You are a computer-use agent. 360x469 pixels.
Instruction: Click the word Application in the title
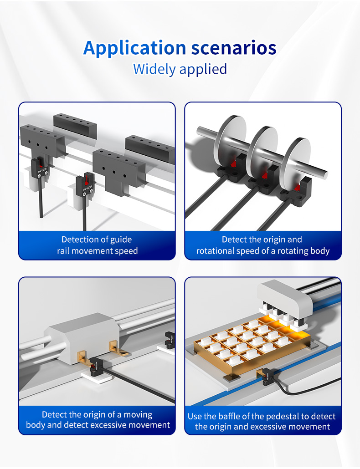coord(135,48)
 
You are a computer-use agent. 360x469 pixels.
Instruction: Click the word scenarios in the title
coord(234,48)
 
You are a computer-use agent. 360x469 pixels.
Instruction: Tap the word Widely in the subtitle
coord(154,69)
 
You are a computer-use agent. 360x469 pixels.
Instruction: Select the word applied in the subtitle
coord(203,69)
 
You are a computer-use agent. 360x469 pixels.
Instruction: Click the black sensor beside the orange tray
coord(267,377)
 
